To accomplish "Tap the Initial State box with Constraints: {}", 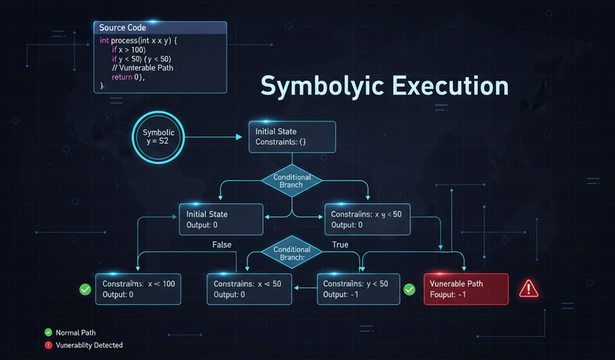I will (292, 137).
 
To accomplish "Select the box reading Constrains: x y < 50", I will (368, 220).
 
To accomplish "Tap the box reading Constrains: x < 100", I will (138, 288).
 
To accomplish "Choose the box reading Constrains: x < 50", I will (250, 288).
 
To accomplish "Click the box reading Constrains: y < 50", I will (358, 288).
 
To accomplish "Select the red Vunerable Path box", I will (466, 288).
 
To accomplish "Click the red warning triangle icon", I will (528, 288).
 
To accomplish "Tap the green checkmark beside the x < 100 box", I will (85, 289).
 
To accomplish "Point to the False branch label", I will (222, 245).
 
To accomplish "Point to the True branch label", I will (340, 245).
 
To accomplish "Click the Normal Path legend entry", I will (74, 332).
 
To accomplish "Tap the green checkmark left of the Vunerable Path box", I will (409, 289).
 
